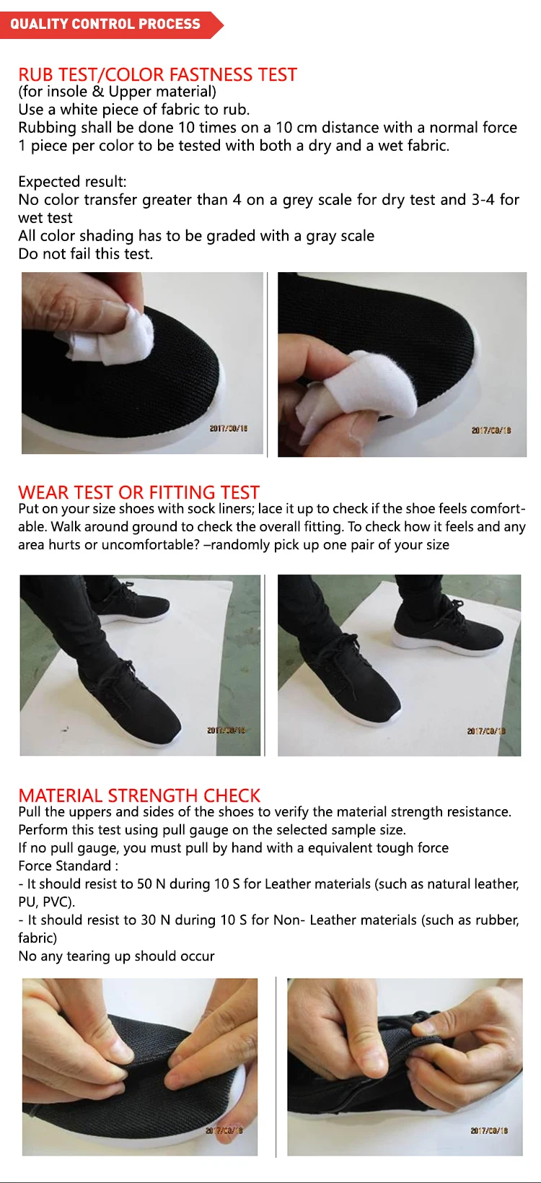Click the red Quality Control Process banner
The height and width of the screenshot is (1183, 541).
click(111, 25)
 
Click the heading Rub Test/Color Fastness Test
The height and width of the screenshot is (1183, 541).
click(158, 74)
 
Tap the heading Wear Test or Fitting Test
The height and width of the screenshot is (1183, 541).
click(138, 492)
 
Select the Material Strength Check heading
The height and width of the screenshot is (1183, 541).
click(139, 795)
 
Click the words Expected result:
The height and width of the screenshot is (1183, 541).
click(72, 182)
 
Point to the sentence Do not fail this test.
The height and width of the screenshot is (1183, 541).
click(86, 254)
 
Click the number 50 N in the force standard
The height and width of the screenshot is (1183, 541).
click(144, 883)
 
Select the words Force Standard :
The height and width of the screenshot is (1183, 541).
click(68, 865)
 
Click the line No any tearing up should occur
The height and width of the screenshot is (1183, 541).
click(116, 956)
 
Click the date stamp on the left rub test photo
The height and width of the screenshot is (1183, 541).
click(228, 428)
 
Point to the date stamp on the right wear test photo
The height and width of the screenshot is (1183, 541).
click(486, 731)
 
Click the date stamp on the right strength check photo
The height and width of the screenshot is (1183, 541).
click(489, 1130)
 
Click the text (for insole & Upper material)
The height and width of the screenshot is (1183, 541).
click(117, 92)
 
